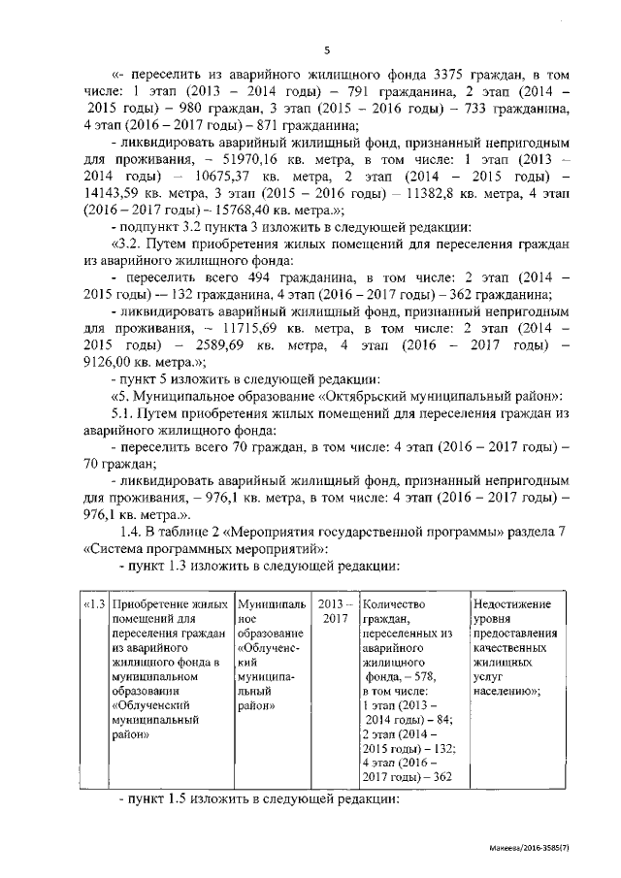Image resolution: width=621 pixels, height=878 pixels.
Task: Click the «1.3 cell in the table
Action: click(92, 605)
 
